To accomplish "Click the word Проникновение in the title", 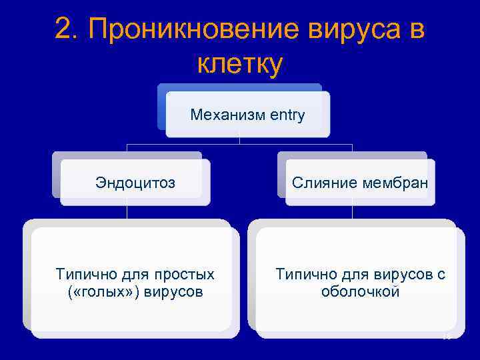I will [x=191, y=29].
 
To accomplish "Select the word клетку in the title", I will [x=241, y=64].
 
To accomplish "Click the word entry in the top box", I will [x=288, y=115].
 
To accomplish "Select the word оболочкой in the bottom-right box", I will [x=360, y=292].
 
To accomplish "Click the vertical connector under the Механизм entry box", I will [x=239, y=139].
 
